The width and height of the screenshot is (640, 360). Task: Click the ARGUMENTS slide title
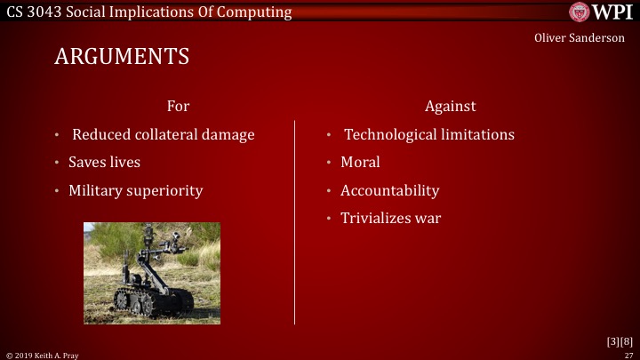pos(122,56)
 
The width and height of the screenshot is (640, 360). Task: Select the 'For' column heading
pos(178,106)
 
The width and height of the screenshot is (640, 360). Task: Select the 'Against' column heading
pos(450,106)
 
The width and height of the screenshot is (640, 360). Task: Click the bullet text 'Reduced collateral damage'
pos(163,134)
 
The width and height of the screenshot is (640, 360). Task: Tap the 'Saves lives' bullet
pos(104,163)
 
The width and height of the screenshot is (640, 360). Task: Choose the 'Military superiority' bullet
pos(135,190)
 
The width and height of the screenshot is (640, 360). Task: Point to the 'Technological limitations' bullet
pos(429,134)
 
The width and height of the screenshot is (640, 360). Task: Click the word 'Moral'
pos(360,163)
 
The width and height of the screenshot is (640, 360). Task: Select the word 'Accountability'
pos(389,190)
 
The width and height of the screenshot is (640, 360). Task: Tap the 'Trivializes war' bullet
pos(390,219)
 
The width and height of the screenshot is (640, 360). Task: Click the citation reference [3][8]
pos(619,340)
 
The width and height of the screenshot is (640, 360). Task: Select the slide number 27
pos(628,354)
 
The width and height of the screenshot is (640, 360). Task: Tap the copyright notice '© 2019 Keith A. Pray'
pos(42,354)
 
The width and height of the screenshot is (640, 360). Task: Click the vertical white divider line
pos(295,222)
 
